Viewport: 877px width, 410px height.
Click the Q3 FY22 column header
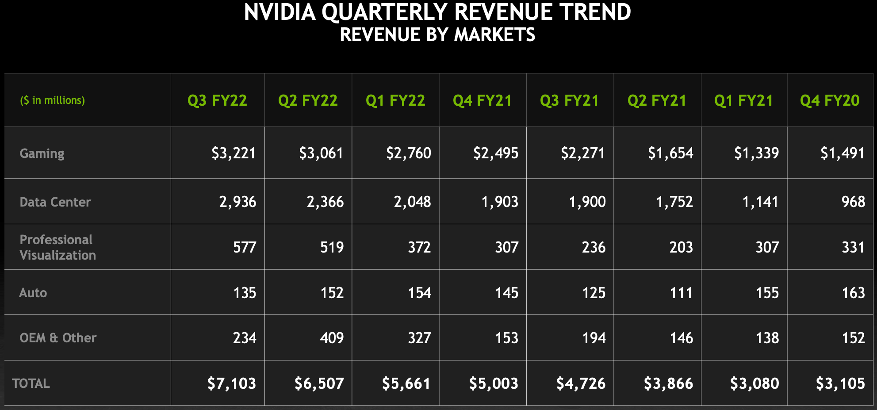click(217, 100)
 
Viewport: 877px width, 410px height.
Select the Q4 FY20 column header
click(830, 100)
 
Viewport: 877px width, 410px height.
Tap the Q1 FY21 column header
click(743, 100)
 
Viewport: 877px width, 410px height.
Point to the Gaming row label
click(42, 153)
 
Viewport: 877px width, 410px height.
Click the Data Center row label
click(55, 202)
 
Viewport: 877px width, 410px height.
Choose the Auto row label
click(33, 293)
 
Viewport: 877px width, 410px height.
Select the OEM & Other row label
click(58, 338)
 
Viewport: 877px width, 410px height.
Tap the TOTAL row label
click(31, 383)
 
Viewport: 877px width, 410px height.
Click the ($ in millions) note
click(53, 100)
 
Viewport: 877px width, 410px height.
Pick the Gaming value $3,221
click(234, 153)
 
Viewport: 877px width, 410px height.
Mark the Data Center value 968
click(853, 202)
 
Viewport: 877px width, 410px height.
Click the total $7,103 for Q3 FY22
click(232, 383)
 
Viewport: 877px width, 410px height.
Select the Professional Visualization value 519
click(332, 247)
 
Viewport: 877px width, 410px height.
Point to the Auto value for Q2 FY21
click(681, 293)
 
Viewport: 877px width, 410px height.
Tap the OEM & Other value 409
click(332, 338)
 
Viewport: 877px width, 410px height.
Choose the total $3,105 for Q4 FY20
click(840, 383)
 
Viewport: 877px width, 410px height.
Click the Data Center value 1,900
click(587, 202)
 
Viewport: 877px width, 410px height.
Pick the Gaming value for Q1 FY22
click(409, 153)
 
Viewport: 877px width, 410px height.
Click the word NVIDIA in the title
click(280, 12)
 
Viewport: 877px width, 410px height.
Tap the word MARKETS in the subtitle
click(494, 34)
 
